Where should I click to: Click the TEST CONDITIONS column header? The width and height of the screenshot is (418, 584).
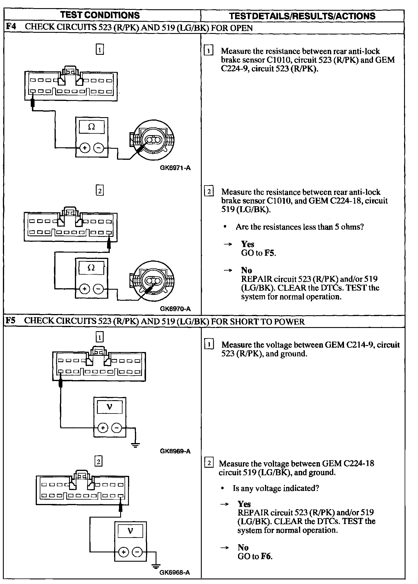100,15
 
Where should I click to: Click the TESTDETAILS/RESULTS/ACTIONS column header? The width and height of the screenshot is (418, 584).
302,16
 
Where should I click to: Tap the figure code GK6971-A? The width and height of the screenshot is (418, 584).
175,168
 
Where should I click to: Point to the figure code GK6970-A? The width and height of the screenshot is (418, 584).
175,309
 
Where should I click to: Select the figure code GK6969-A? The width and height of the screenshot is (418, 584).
175,451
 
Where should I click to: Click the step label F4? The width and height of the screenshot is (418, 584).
11,27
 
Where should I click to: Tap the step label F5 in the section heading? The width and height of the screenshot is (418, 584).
11,321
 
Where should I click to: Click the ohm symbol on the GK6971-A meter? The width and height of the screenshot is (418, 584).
91,127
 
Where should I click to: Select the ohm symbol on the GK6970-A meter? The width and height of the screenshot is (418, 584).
91,268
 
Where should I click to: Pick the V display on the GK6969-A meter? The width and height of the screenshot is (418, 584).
109,407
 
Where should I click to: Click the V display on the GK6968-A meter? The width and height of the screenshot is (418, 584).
130,531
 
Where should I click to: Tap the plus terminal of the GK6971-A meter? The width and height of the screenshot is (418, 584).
85,148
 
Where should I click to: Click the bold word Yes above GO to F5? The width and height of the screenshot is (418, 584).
248,244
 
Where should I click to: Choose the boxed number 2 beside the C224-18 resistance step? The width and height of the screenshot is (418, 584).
209,192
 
